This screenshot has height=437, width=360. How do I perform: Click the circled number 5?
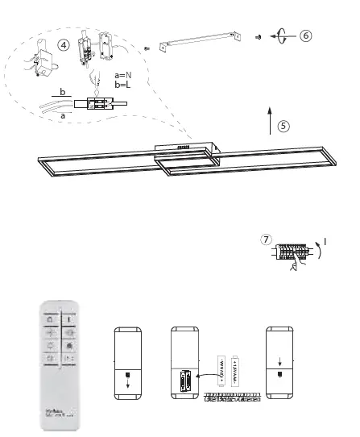283,126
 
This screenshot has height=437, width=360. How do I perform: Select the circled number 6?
306,35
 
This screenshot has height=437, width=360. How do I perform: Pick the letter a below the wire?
64,114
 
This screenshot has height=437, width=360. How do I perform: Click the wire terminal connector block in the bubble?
101,103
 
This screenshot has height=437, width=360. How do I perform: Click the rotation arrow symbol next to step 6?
282,35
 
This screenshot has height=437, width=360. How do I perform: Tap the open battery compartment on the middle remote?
185,379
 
